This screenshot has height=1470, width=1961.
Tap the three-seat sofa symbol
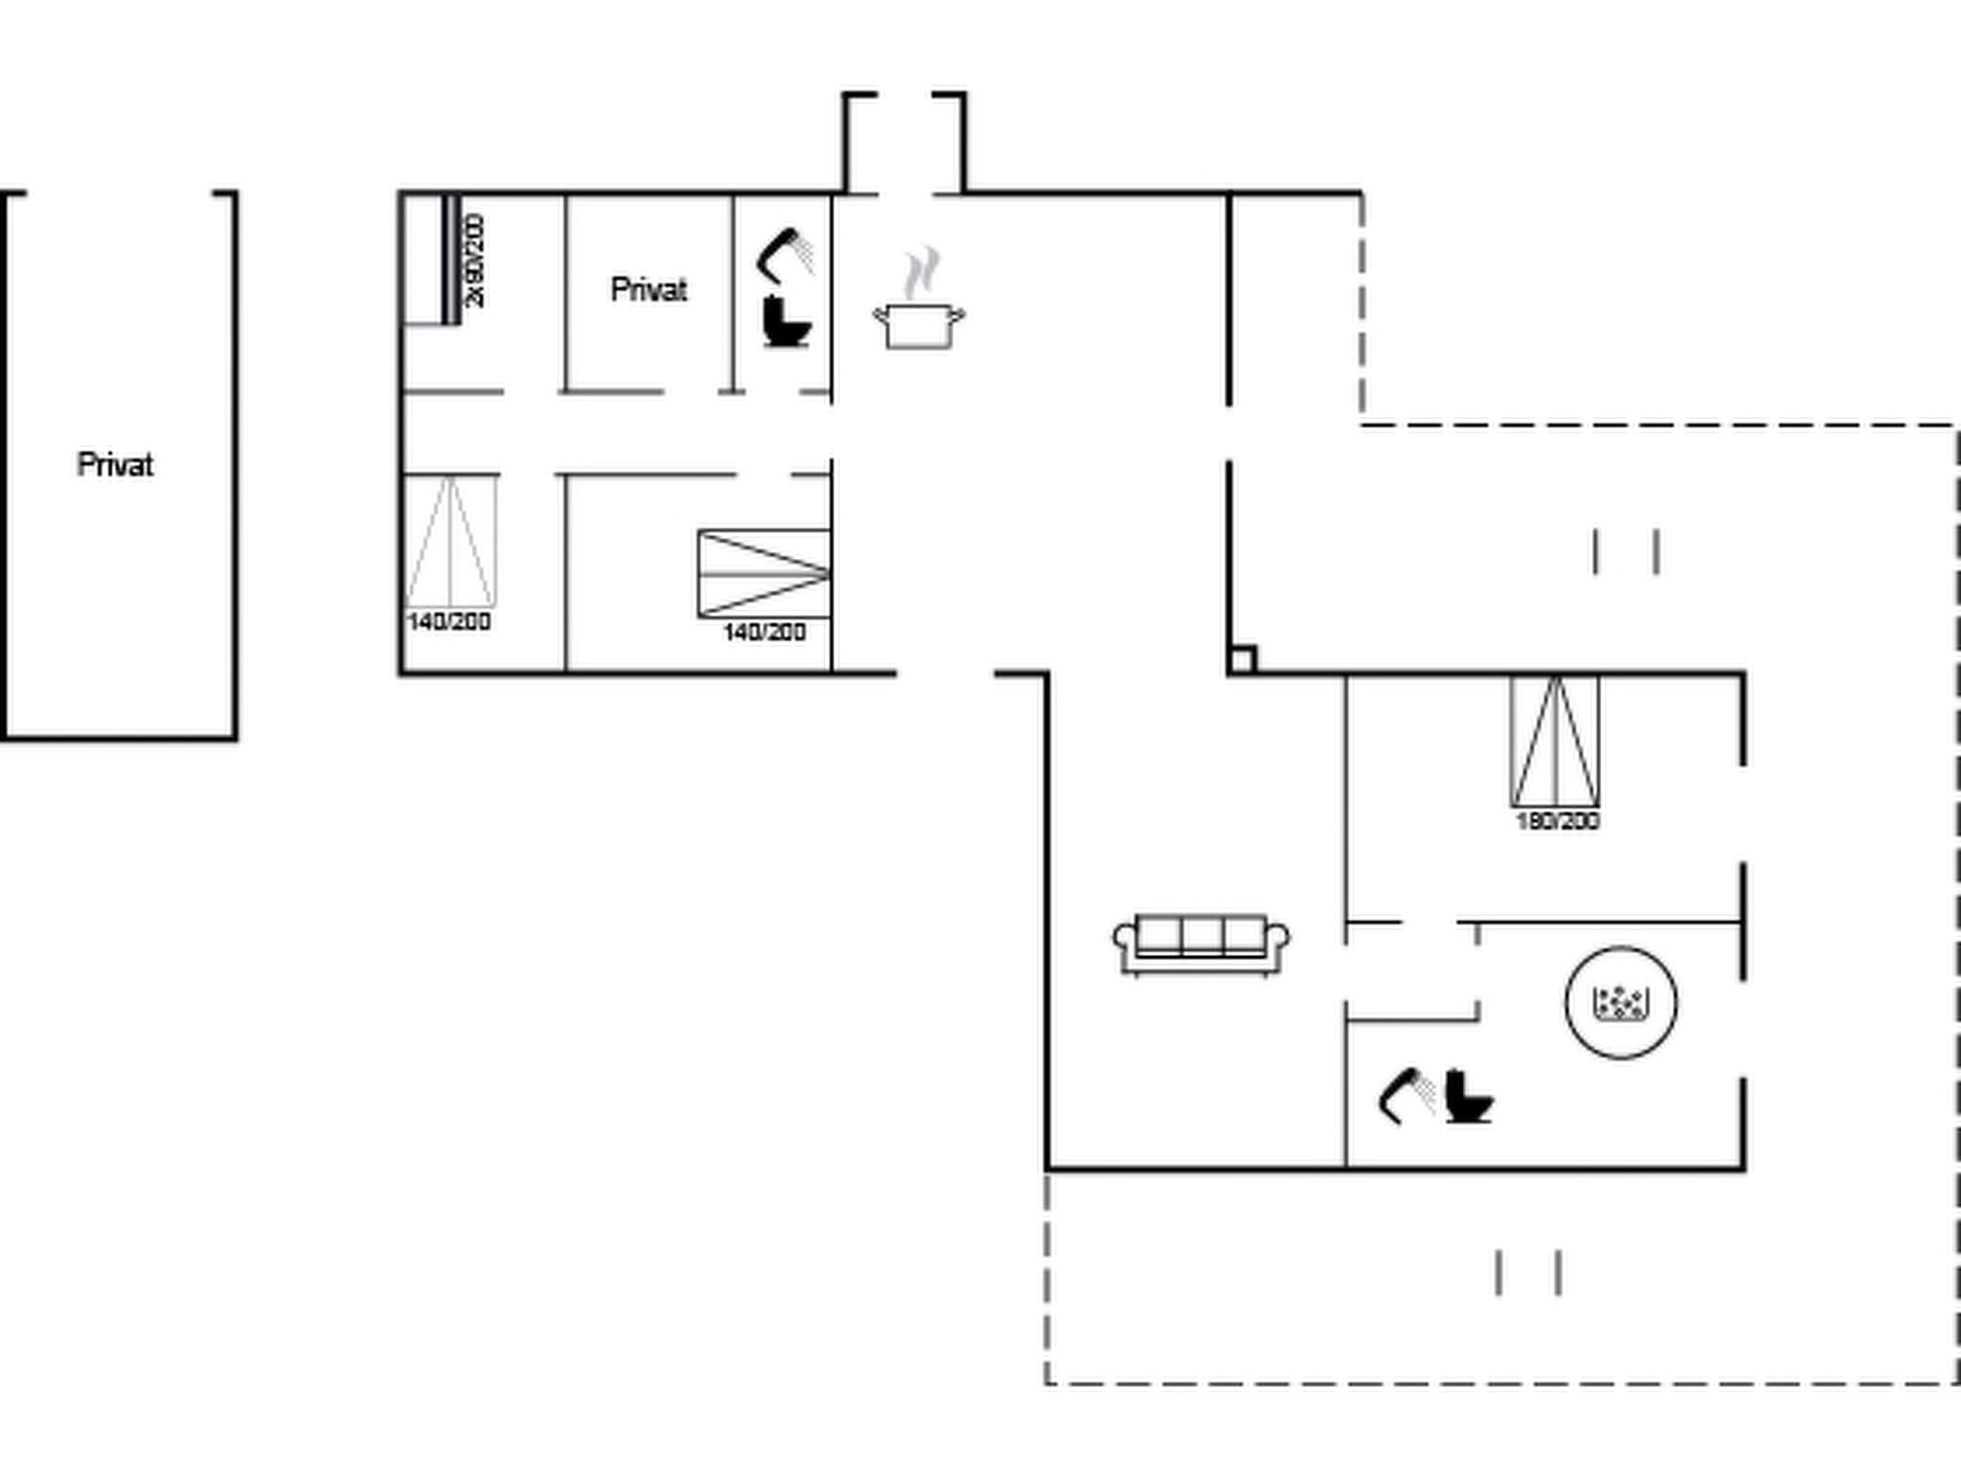(1201, 945)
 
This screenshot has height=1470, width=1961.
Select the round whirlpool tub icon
(1620, 1002)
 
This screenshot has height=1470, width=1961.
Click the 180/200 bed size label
(1557, 821)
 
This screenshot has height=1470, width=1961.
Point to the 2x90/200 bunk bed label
(475, 260)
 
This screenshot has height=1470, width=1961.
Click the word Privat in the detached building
(115, 465)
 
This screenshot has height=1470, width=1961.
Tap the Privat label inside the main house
(648, 289)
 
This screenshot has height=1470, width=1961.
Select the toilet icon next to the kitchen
(786, 322)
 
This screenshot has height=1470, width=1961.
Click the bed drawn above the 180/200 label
(1555, 742)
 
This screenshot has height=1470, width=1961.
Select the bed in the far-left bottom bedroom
(450, 542)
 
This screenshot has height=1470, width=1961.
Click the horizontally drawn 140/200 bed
(764, 573)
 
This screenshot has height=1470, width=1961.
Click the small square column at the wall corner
(1242, 659)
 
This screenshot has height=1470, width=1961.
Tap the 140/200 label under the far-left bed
(449, 622)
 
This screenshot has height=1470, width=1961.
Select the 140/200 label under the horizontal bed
(764, 632)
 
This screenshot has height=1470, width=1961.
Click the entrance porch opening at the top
(905, 144)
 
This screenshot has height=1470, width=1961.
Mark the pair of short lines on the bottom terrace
(1528, 1273)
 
